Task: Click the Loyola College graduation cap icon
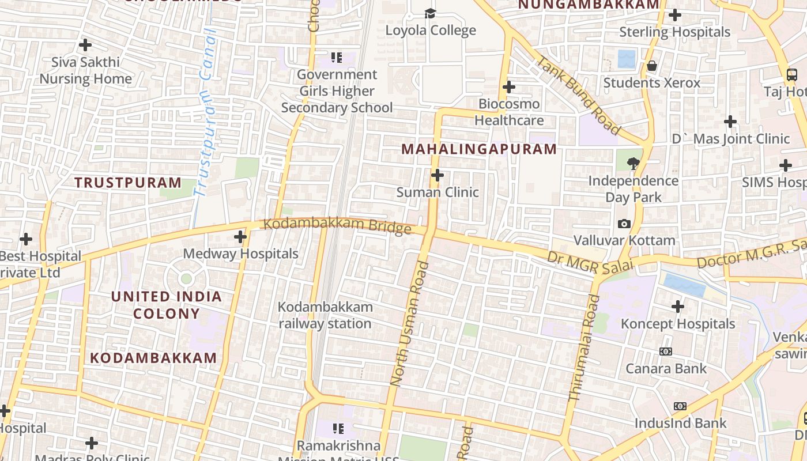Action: (x=430, y=13)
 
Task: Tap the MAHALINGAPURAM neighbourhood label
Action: (x=479, y=149)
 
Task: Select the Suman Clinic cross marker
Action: (x=438, y=175)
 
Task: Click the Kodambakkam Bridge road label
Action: (x=337, y=225)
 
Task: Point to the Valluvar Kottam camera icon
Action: (x=624, y=224)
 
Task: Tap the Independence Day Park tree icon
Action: (x=633, y=164)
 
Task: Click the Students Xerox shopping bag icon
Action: (x=652, y=66)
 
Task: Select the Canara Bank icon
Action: (x=666, y=352)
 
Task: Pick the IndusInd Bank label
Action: (x=680, y=423)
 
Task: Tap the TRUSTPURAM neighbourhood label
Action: (x=128, y=183)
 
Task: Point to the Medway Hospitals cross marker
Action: (x=240, y=236)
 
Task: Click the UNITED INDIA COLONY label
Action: (x=167, y=305)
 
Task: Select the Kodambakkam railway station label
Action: (x=325, y=315)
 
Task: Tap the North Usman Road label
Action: (x=409, y=323)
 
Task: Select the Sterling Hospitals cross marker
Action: (x=675, y=15)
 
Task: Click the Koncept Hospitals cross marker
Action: (x=678, y=307)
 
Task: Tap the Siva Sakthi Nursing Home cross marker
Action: (x=85, y=44)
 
